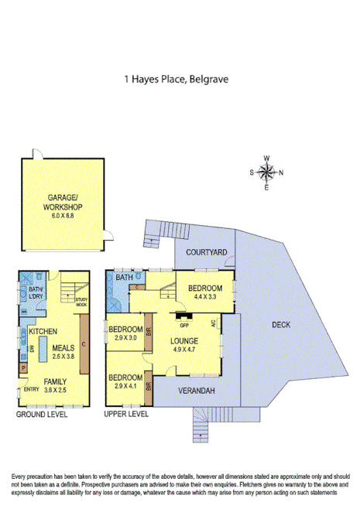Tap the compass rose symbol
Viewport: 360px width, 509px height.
point(266,173)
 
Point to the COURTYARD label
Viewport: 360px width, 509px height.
point(207,252)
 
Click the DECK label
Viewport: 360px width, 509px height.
point(281,325)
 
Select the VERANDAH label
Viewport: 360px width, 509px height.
point(194,391)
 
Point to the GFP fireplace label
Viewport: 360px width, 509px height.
point(184,324)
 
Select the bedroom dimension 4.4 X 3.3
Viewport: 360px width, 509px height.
point(204,295)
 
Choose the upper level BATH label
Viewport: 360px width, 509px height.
point(124,277)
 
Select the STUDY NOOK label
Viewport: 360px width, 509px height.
point(81,302)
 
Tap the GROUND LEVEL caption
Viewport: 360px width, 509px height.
point(42,414)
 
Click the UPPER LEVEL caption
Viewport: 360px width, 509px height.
point(126,414)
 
